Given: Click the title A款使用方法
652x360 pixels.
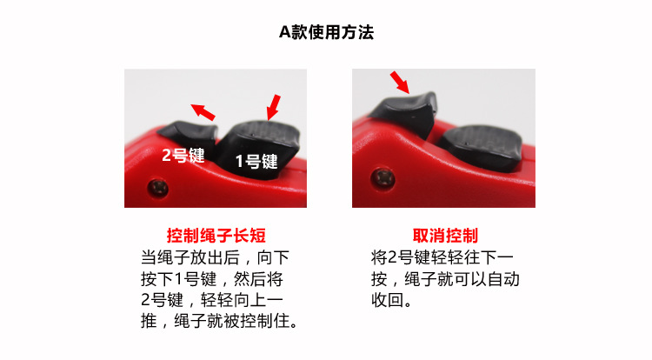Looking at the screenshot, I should (326, 32).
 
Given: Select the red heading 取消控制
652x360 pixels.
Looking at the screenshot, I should (444, 236).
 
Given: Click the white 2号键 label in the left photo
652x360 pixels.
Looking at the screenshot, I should (182, 156).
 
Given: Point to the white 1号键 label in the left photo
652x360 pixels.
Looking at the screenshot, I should (256, 161).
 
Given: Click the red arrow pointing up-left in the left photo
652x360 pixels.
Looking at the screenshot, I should (203, 111).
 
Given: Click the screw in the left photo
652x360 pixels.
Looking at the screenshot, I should (156, 186).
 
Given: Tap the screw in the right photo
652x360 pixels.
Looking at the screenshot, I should (383, 179).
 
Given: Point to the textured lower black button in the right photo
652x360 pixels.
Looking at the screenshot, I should (477, 143).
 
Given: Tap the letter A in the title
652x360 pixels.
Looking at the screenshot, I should (283, 32).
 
